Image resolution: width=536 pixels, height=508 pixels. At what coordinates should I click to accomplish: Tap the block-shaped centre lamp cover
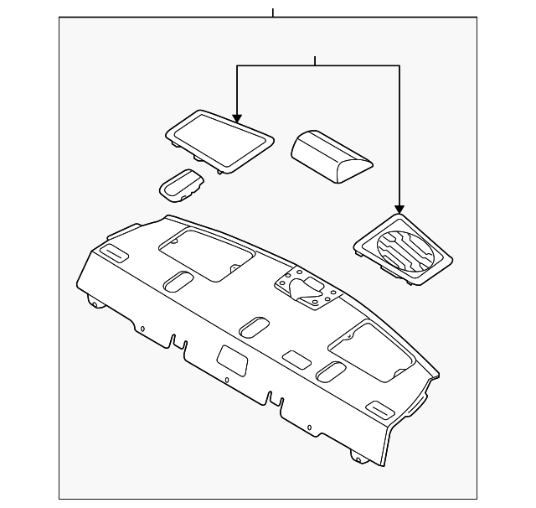pos(332,155)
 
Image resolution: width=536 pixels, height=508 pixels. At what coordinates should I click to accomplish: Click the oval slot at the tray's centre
pos(254,326)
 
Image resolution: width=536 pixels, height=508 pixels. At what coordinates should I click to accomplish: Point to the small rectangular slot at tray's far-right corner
pos(384,410)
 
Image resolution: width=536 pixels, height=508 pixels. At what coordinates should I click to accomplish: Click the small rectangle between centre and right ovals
pos(295,359)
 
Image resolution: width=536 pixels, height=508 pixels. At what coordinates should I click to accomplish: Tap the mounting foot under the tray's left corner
pos(95,303)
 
